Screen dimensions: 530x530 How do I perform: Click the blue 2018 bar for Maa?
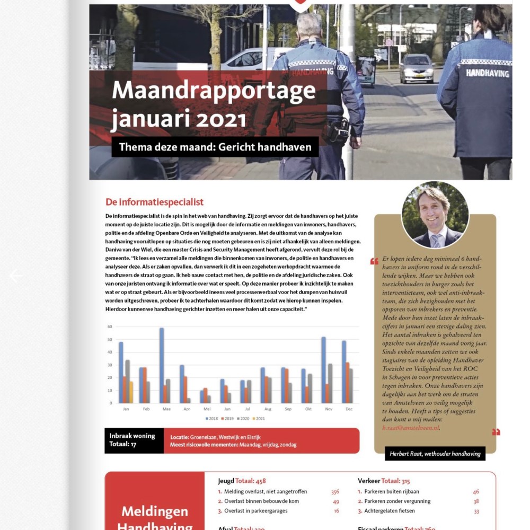pyautogui.click(x=162, y=366)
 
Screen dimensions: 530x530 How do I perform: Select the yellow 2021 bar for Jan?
pyautogui.click(x=131, y=392)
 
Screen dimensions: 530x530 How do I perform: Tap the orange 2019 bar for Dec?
pyautogui.click(x=348, y=383)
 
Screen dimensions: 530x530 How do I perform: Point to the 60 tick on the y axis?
pyautogui.click(x=110, y=326)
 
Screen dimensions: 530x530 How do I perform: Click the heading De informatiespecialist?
pyautogui.click(x=154, y=202)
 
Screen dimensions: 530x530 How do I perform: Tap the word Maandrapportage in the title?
pyautogui.click(x=214, y=91)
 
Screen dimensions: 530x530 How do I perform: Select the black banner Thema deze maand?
pyautogui.click(x=215, y=147)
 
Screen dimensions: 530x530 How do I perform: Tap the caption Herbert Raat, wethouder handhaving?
pyautogui.click(x=435, y=454)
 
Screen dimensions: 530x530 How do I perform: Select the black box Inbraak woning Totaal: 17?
pyautogui.click(x=134, y=440)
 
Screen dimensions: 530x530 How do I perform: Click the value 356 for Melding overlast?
pyautogui.click(x=334, y=491)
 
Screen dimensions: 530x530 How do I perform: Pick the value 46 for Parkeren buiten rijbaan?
pyautogui.click(x=475, y=491)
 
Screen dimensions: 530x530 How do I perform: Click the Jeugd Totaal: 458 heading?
pyautogui.click(x=242, y=481)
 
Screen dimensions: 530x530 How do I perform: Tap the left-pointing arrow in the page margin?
pyautogui.click(x=16, y=276)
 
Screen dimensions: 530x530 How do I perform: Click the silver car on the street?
pyautogui.click(x=416, y=68)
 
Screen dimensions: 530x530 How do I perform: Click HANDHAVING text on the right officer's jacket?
pyautogui.click(x=487, y=73)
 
